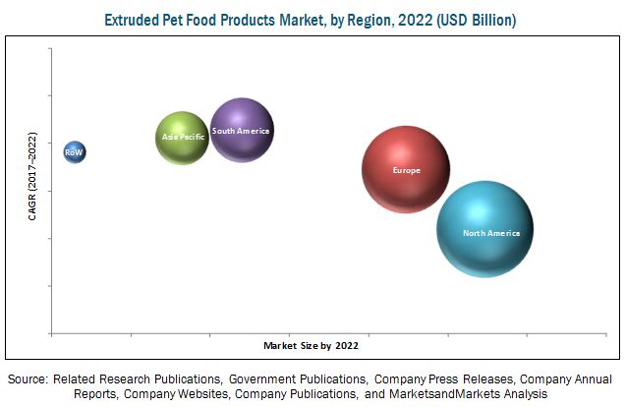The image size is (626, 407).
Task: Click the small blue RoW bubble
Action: pos(75,151)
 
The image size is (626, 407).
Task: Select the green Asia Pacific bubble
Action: pos(183,138)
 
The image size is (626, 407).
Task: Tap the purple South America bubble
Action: pos(241,130)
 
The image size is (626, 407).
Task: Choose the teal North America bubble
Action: pos(484,230)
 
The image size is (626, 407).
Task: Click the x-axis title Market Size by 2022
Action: pos(311,346)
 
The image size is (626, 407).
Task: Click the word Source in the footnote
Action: pos(27,378)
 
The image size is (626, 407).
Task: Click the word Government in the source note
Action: pos(270,378)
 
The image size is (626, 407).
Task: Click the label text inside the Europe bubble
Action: pos(406,170)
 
